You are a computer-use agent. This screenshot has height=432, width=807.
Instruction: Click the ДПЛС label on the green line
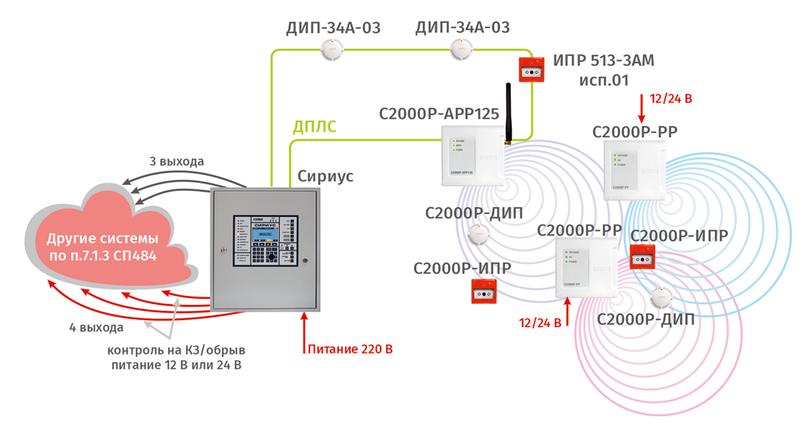tap(313, 127)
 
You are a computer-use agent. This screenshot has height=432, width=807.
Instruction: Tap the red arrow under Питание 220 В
tap(305, 330)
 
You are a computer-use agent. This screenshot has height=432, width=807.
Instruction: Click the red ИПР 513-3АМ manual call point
tap(532, 69)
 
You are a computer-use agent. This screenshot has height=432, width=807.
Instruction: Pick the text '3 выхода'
tap(177, 161)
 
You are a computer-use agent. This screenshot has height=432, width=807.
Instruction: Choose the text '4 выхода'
tap(97, 328)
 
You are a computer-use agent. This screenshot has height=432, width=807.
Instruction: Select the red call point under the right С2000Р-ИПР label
tap(643, 258)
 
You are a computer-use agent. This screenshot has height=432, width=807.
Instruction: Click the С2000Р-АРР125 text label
tap(437, 113)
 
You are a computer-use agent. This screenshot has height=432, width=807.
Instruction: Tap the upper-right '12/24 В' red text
tap(671, 99)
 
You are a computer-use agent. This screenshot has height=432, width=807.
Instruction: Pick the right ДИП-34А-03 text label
tap(463, 28)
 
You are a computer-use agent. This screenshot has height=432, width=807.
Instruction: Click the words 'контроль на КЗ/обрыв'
tap(177, 350)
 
